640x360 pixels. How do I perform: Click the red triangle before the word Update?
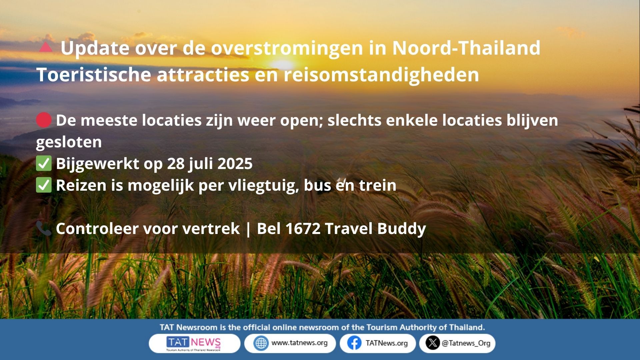(46, 47)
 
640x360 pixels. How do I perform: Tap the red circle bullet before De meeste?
(44, 120)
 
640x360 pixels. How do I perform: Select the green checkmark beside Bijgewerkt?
(44, 163)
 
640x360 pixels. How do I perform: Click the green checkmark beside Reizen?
(44, 185)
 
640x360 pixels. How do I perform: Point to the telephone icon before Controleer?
(44, 228)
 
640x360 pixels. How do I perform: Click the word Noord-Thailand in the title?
(466, 48)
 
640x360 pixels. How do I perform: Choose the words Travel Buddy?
(375, 229)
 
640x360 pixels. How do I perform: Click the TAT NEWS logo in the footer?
(194, 344)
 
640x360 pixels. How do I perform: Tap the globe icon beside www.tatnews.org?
(261, 343)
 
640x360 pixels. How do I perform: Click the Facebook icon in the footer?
(354, 343)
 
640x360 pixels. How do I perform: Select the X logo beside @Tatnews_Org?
(433, 343)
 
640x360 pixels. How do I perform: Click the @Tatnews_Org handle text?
(466, 343)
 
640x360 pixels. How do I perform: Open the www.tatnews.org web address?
(299, 343)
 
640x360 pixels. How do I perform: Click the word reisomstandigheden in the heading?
(381, 75)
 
